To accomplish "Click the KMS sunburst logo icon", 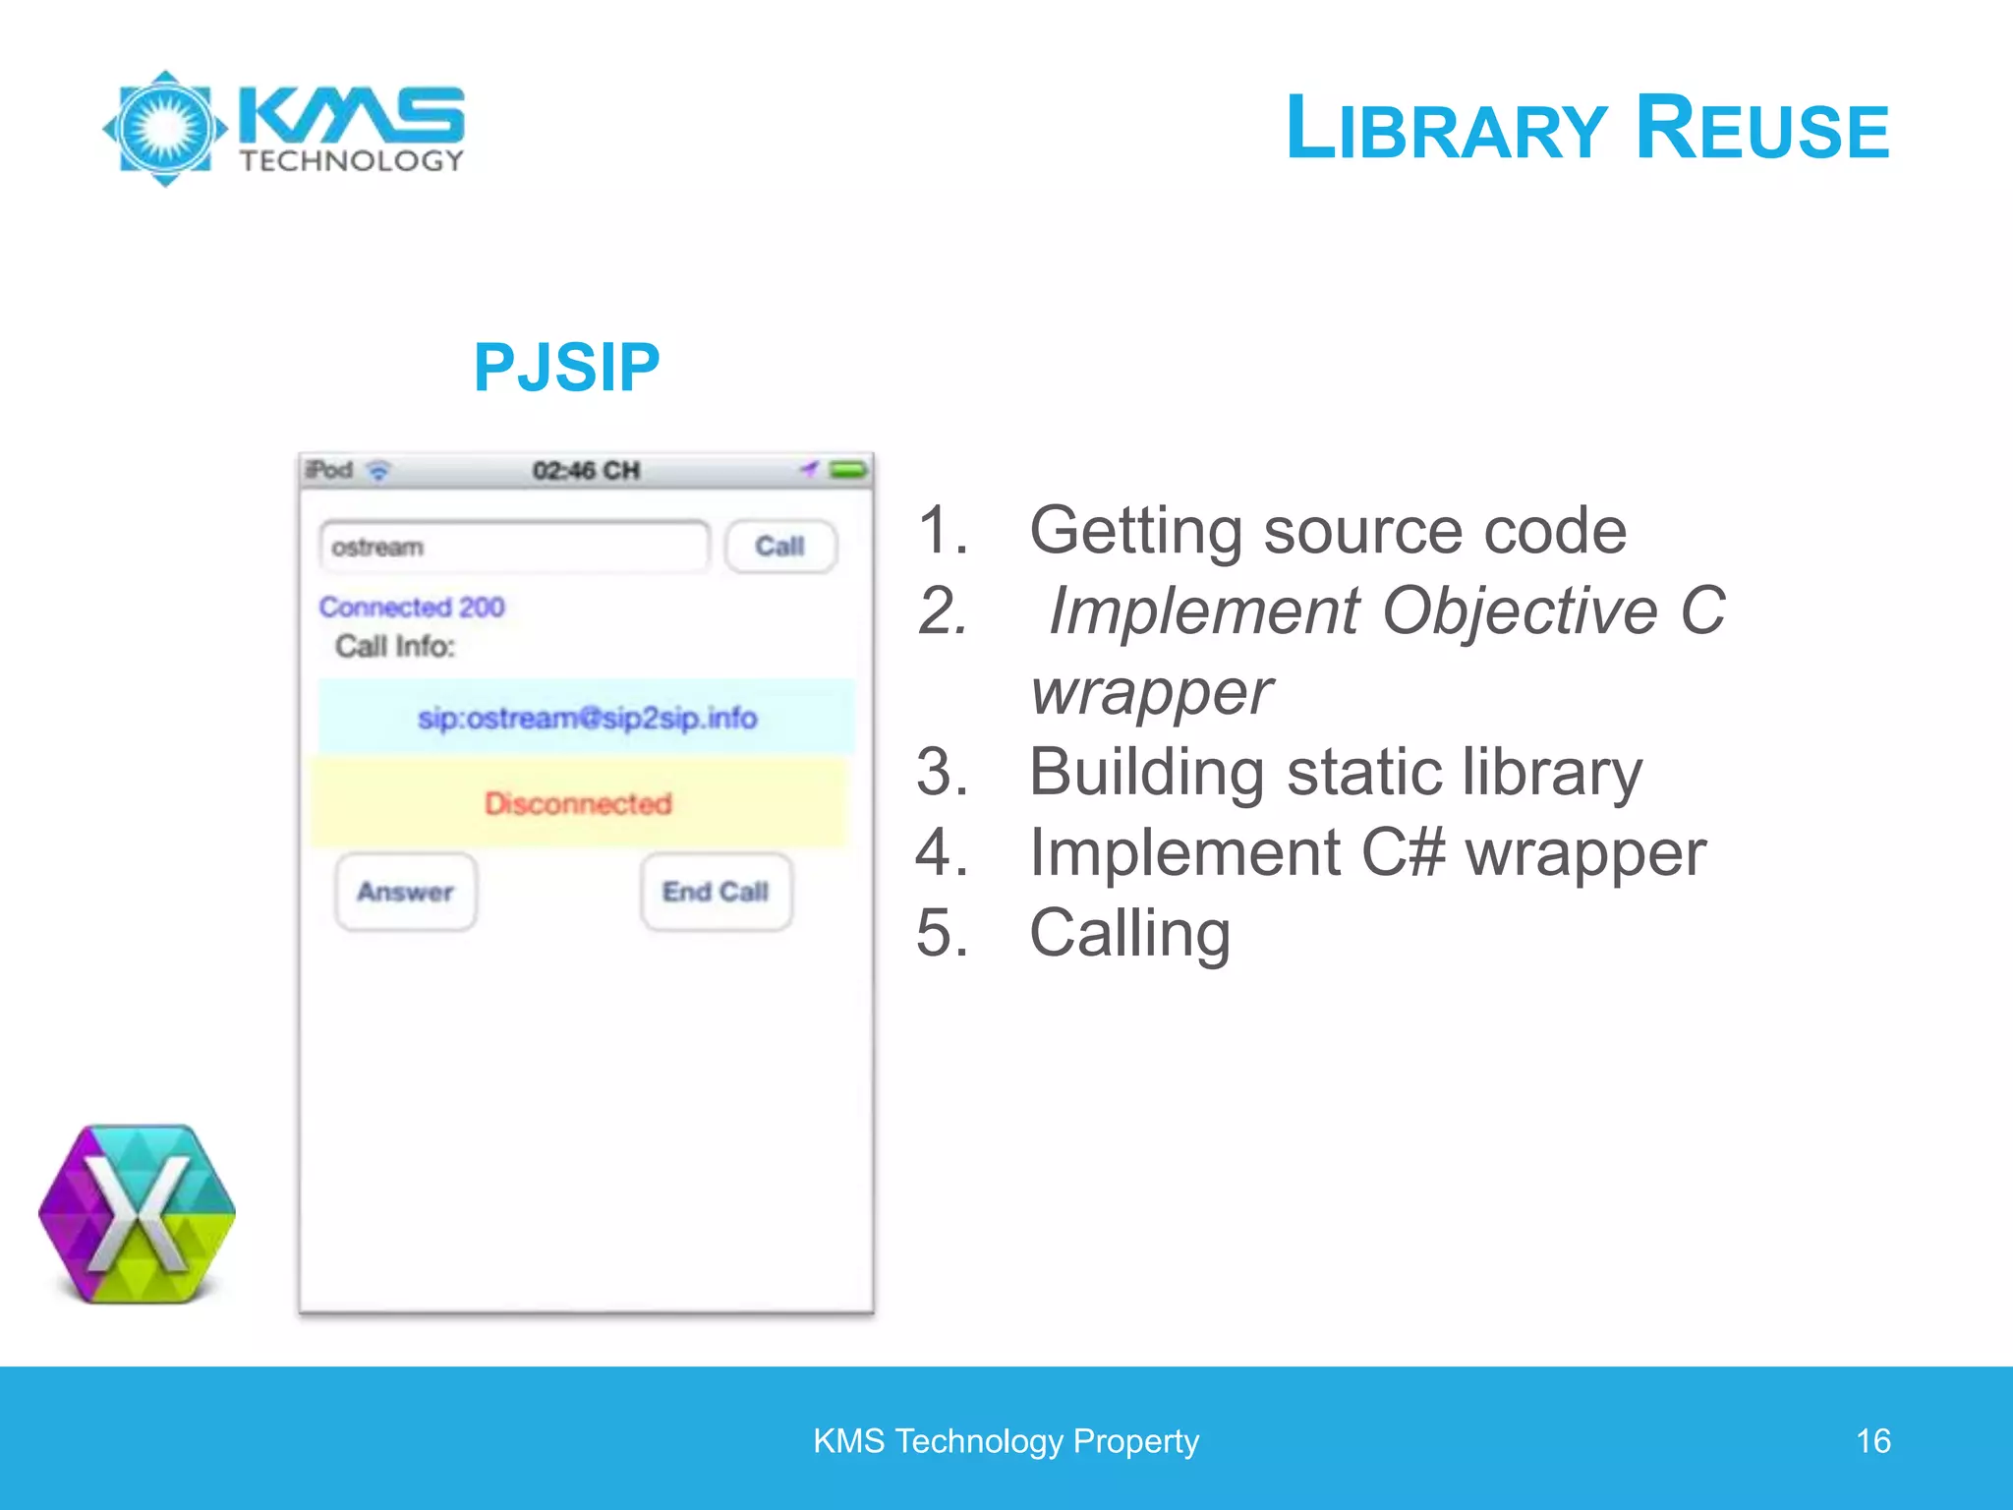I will (165, 128).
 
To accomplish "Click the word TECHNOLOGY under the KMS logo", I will (352, 161).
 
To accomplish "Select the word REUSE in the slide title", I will (1762, 129).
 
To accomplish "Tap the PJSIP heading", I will (566, 368).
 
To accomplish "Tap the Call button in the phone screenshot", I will (780, 547).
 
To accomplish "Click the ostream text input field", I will (513, 547).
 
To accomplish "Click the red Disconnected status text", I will (578, 803).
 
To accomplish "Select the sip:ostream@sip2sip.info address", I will (587, 718).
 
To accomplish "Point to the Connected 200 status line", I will (412, 607).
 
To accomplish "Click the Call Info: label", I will (395, 646).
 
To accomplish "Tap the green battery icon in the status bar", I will (848, 470).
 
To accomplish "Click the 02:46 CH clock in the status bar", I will (586, 471).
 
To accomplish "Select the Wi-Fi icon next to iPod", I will (378, 471).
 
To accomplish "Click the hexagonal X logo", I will (138, 1214).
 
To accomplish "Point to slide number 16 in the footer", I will (1872, 1441).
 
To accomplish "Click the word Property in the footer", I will (1135, 1441).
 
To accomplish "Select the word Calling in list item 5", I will (1129, 932).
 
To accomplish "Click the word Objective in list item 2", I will (1520, 610).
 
